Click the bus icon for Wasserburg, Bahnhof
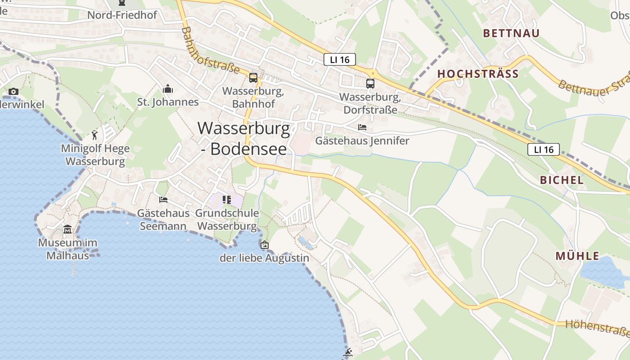coord(253,78)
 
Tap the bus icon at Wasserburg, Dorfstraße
coord(370,83)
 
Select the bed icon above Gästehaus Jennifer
coord(362,127)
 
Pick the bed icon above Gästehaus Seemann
coord(163,199)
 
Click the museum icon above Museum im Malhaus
coord(67,229)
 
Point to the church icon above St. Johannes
coord(168,89)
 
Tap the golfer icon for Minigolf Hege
coord(94,135)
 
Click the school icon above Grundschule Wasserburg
coord(227,199)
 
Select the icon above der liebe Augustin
coord(265,245)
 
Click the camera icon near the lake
coord(13,92)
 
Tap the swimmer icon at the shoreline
coord(347,352)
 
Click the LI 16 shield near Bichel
coord(544,149)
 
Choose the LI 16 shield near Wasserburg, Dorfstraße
coord(340,59)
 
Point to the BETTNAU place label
coord(511,33)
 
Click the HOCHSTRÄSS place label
coord(478,74)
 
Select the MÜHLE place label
coord(577,256)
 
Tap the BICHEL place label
coord(562,180)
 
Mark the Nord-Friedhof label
coord(122,15)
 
